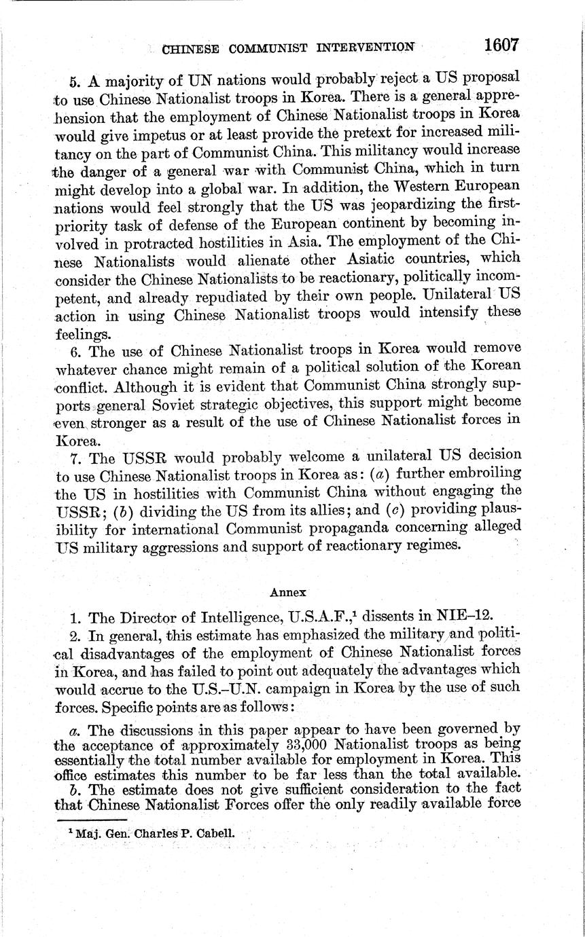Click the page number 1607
pyautogui.click(x=501, y=45)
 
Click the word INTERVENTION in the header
pyautogui.click(x=366, y=48)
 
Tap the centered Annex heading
pyautogui.click(x=288, y=592)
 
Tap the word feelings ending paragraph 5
pyautogui.click(x=83, y=334)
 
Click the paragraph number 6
pyautogui.click(x=76, y=351)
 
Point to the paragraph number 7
pyautogui.click(x=76, y=455)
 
